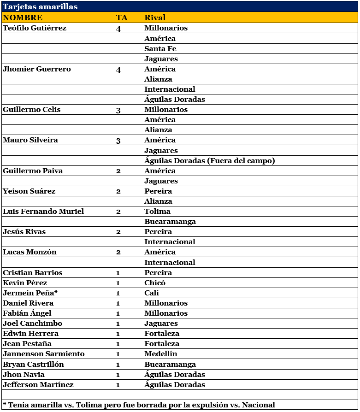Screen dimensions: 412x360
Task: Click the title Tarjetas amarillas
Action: (40, 7)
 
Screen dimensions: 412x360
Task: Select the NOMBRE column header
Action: (23, 18)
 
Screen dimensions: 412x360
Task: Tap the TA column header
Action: (122, 18)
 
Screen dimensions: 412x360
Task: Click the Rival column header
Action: (155, 18)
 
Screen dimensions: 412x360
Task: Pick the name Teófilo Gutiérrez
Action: (35, 28)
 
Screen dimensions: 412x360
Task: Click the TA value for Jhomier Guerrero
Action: (118, 69)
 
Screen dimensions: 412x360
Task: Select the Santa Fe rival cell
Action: (160, 48)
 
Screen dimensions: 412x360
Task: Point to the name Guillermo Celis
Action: (31, 110)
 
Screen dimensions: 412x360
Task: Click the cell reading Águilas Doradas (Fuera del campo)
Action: (210, 161)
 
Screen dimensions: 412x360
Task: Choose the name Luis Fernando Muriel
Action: (43, 212)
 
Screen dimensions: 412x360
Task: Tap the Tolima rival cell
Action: (157, 212)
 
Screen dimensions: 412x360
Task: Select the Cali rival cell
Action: (152, 293)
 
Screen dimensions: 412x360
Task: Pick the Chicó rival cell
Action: (155, 283)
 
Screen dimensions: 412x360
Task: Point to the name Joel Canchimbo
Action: (32, 324)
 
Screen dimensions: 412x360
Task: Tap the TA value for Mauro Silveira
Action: (118, 140)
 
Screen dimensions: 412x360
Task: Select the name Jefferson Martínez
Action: (38, 385)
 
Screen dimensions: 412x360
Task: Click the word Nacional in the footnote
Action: (258, 405)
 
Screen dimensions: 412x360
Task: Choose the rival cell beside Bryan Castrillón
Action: (170, 365)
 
